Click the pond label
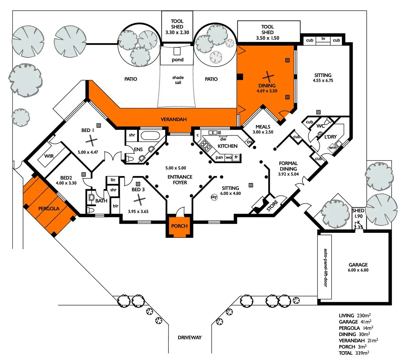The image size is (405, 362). [x=177, y=60]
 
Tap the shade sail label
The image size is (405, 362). [x=178, y=80]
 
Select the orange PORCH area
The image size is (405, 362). [x=179, y=226]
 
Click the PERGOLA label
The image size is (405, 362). [x=49, y=209]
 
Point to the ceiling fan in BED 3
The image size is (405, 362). [x=140, y=200]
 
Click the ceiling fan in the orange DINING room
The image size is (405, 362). [x=267, y=77]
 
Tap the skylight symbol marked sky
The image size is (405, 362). [x=214, y=197]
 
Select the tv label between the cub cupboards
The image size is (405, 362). [x=323, y=39]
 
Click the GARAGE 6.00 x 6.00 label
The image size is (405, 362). [x=358, y=267]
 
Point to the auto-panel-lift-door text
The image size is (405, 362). [x=325, y=268]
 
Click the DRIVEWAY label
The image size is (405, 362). [x=190, y=337]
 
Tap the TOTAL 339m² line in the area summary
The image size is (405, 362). [x=354, y=353]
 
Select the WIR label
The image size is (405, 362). [x=49, y=156]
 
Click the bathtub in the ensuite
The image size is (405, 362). [x=150, y=136]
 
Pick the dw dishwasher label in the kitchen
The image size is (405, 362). [x=223, y=139]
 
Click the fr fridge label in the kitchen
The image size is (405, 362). [x=236, y=157]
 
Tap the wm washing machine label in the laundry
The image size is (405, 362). [x=333, y=148]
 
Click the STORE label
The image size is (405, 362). [x=272, y=206]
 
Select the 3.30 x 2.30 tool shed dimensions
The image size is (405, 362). [x=177, y=33]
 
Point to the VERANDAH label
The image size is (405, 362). [x=174, y=119]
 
